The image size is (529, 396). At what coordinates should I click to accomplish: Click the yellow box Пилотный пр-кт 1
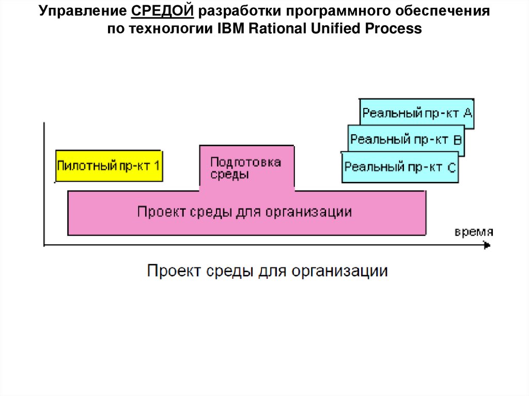point(109,166)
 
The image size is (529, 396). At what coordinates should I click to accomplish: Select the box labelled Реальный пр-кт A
point(417,113)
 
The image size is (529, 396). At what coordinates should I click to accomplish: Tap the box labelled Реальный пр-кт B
point(406,139)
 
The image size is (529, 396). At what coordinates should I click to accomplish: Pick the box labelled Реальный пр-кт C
point(400,167)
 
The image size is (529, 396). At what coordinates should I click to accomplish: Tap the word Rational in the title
point(277,29)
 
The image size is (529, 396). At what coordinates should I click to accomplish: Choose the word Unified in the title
point(335,29)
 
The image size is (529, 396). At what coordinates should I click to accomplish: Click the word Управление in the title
point(80,11)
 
